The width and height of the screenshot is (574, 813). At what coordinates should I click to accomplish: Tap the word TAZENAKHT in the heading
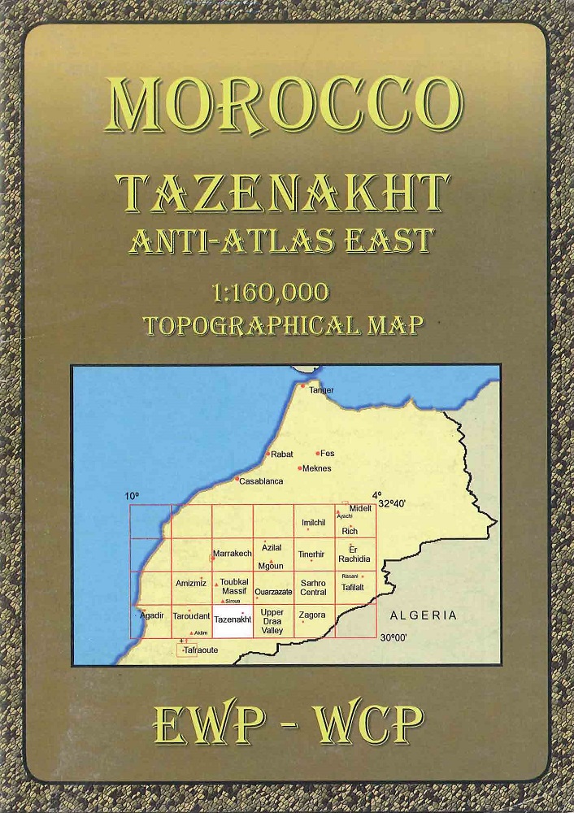coord(284,192)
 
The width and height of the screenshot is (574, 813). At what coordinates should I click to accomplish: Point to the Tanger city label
coord(321,390)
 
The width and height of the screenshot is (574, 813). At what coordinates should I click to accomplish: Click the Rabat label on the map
coord(281,454)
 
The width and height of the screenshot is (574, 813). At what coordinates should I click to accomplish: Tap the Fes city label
coord(328,453)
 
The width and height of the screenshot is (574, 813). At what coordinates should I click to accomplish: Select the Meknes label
coord(316,468)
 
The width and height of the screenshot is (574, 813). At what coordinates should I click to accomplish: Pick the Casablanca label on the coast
coord(261,480)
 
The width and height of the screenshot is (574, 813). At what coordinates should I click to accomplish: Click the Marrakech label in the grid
coord(233,554)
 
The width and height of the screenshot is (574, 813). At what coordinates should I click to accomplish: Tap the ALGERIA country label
coord(423,615)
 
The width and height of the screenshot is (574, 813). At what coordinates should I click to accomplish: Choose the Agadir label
coord(152,615)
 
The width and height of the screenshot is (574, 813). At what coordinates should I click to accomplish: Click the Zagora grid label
coord(312,615)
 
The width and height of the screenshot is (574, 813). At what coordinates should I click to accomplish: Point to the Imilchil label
coord(313,522)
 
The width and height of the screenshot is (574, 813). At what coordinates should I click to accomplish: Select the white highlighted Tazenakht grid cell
coord(232,623)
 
